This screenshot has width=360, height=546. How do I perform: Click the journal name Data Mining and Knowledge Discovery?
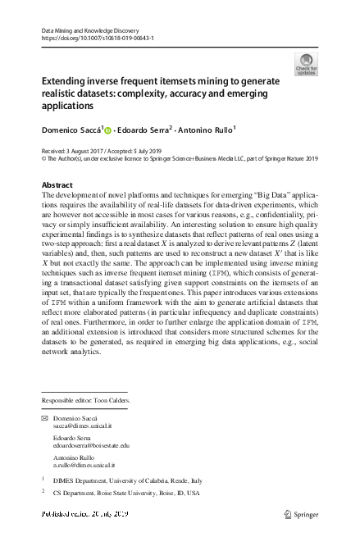pos(89,30)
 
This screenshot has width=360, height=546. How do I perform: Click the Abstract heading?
pos(57,185)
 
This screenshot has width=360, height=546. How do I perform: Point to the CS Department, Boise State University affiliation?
pos(130,494)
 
